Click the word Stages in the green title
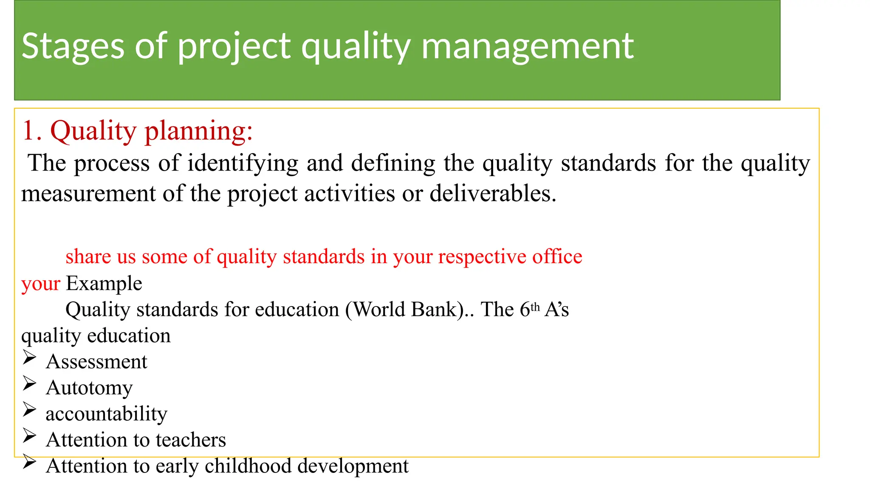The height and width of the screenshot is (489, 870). [73, 47]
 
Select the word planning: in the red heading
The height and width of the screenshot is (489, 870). [198, 131]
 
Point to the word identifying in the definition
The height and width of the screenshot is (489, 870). [243, 163]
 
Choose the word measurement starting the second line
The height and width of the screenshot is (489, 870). [88, 194]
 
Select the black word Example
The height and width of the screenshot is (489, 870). [104, 284]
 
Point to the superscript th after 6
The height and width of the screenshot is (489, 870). [535, 306]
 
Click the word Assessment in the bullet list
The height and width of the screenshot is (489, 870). [96, 362]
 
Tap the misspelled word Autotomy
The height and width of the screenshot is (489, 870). [89, 388]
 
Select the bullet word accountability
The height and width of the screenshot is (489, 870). [106, 414]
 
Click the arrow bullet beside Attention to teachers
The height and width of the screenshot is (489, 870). [29, 436]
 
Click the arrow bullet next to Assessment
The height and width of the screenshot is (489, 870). [29, 358]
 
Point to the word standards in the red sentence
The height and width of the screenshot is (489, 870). [324, 256]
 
